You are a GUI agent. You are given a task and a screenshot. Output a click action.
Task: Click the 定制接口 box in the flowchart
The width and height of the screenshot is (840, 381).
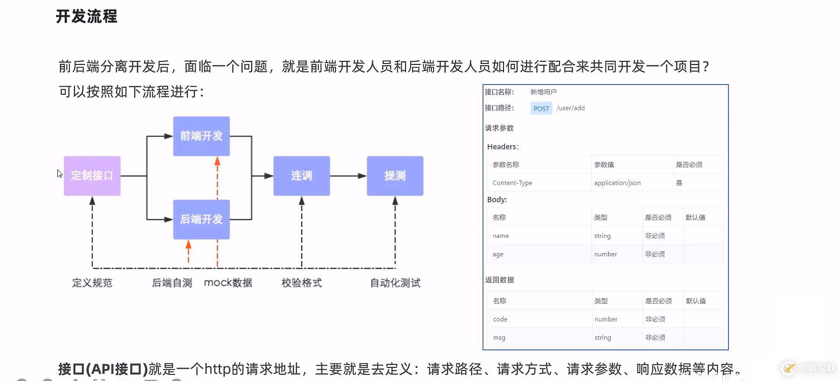point(92,176)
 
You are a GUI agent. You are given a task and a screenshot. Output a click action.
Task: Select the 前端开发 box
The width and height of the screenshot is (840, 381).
point(201,136)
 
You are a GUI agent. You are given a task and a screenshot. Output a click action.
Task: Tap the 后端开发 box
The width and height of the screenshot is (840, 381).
point(201,219)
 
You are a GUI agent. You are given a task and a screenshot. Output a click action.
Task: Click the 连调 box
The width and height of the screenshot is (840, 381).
point(301,176)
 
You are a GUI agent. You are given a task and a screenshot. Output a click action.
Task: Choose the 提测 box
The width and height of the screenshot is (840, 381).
point(395,176)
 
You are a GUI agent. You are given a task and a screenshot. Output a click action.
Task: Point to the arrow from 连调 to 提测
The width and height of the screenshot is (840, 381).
point(348,176)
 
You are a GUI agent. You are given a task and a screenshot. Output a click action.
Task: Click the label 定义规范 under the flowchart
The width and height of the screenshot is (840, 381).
point(92,283)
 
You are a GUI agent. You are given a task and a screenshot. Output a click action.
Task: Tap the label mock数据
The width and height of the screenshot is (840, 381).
point(228,283)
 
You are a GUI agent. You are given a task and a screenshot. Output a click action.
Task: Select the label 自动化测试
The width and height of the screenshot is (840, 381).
point(395,283)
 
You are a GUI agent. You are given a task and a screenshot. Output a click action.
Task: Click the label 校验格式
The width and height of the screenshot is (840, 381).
point(301,283)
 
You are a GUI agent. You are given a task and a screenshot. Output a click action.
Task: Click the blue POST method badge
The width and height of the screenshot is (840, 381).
point(541,109)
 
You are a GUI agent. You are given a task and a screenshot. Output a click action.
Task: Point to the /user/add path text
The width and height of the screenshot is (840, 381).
point(570,108)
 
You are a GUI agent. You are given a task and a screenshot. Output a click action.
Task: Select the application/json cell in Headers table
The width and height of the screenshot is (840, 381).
point(617,183)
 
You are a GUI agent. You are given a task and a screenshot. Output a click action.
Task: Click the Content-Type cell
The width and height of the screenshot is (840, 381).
point(512,183)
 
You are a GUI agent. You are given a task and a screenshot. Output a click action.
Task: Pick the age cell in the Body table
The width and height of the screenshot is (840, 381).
point(498,254)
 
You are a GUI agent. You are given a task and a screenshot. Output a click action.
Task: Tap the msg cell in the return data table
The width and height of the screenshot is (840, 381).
point(499,338)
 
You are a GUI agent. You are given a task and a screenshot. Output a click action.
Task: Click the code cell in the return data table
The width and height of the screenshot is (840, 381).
point(500,319)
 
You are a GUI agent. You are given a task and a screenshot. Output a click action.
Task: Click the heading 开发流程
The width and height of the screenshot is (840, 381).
point(87,17)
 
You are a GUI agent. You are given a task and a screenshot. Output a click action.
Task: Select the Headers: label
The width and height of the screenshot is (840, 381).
point(503,147)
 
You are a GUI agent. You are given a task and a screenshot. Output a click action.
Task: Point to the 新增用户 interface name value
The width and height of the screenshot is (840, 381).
point(543,92)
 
